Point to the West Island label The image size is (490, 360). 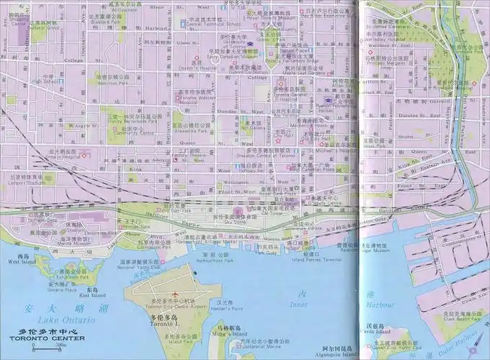coord(22,260)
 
